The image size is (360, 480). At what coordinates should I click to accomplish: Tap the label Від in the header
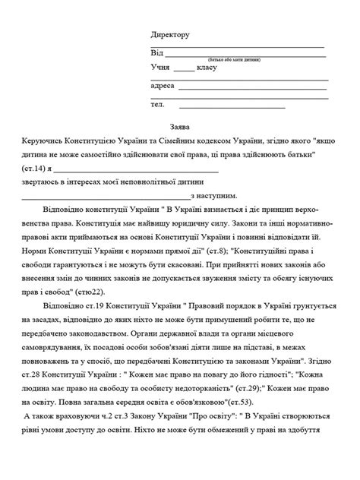point(156,52)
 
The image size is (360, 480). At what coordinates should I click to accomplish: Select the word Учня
point(160,68)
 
